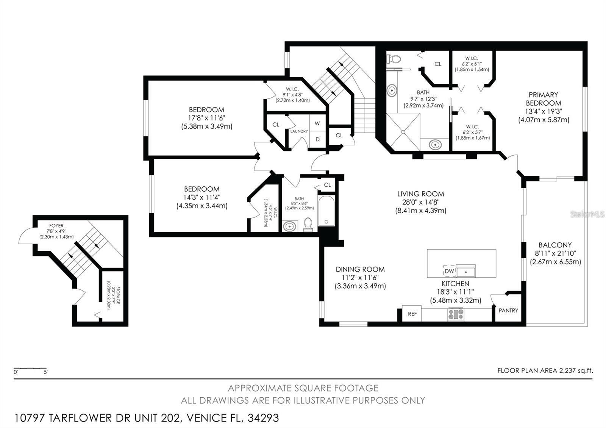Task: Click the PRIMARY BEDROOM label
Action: coord(543,99)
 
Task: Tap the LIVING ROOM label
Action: coord(420,194)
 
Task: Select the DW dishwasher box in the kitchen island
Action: coord(449,271)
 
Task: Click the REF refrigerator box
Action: coord(412,314)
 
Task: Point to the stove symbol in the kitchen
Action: coord(456,314)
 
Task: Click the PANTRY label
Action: coord(508,310)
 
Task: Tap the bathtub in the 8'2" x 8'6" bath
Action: coord(326,211)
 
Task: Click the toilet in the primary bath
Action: coord(394,59)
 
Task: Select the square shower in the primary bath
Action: coord(403,132)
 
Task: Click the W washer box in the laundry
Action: coord(317,123)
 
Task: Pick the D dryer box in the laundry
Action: coord(317,139)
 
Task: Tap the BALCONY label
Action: coord(555,245)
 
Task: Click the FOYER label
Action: coord(56,226)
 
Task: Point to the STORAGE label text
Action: coord(118,295)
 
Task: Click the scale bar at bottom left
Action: coord(30,368)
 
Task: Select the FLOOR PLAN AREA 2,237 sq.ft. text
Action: coord(545,370)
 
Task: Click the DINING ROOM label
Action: coord(360,269)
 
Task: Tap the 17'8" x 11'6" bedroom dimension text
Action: coord(206,118)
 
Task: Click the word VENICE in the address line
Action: coord(204,418)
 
